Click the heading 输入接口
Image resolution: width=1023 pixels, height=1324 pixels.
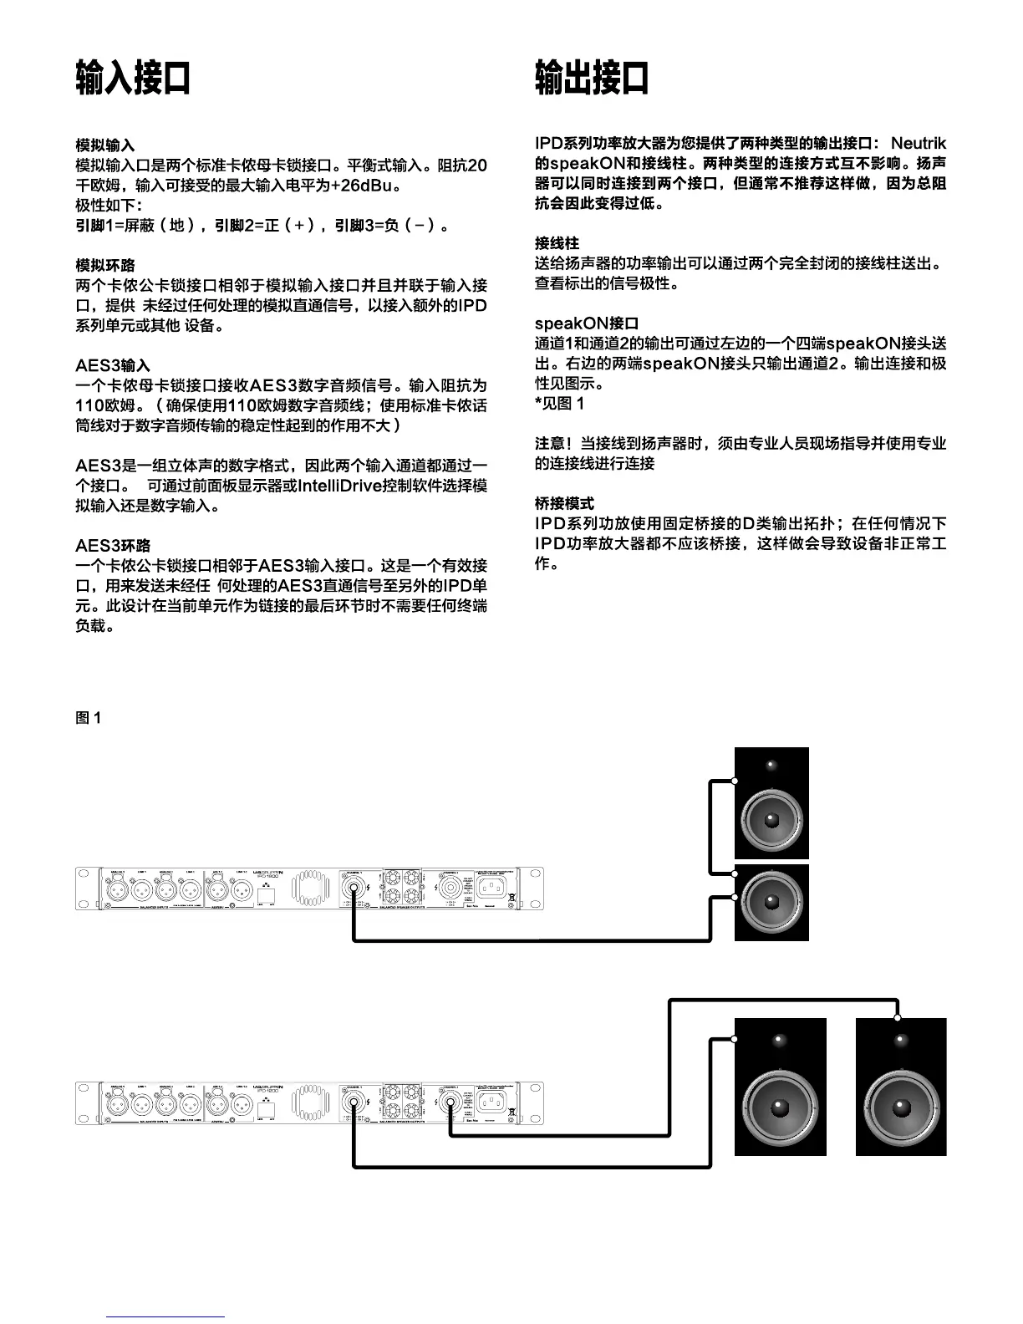[x=133, y=78]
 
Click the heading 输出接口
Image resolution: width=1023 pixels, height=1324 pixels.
[x=592, y=78]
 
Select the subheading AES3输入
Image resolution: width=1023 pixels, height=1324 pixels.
[x=113, y=365]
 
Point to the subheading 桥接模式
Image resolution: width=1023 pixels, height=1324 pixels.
[x=564, y=503]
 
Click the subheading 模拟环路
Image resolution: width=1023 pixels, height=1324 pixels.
[x=104, y=265]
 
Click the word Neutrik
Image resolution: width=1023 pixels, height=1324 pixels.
[x=918, y=144]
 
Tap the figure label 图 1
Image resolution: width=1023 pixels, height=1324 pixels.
[x=89, y=718]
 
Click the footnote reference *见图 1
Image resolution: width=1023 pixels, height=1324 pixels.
[x=560, y=404]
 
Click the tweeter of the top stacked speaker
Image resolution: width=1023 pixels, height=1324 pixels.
[x=771, y=765]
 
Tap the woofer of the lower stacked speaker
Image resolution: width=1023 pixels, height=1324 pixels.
[x=771, y=900]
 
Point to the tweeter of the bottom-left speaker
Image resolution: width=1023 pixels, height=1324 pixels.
[x=779, y=1040]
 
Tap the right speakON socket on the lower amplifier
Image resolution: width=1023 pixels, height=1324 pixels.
[x=450, y=1101]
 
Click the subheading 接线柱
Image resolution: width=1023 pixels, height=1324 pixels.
[x=557, y=243]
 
